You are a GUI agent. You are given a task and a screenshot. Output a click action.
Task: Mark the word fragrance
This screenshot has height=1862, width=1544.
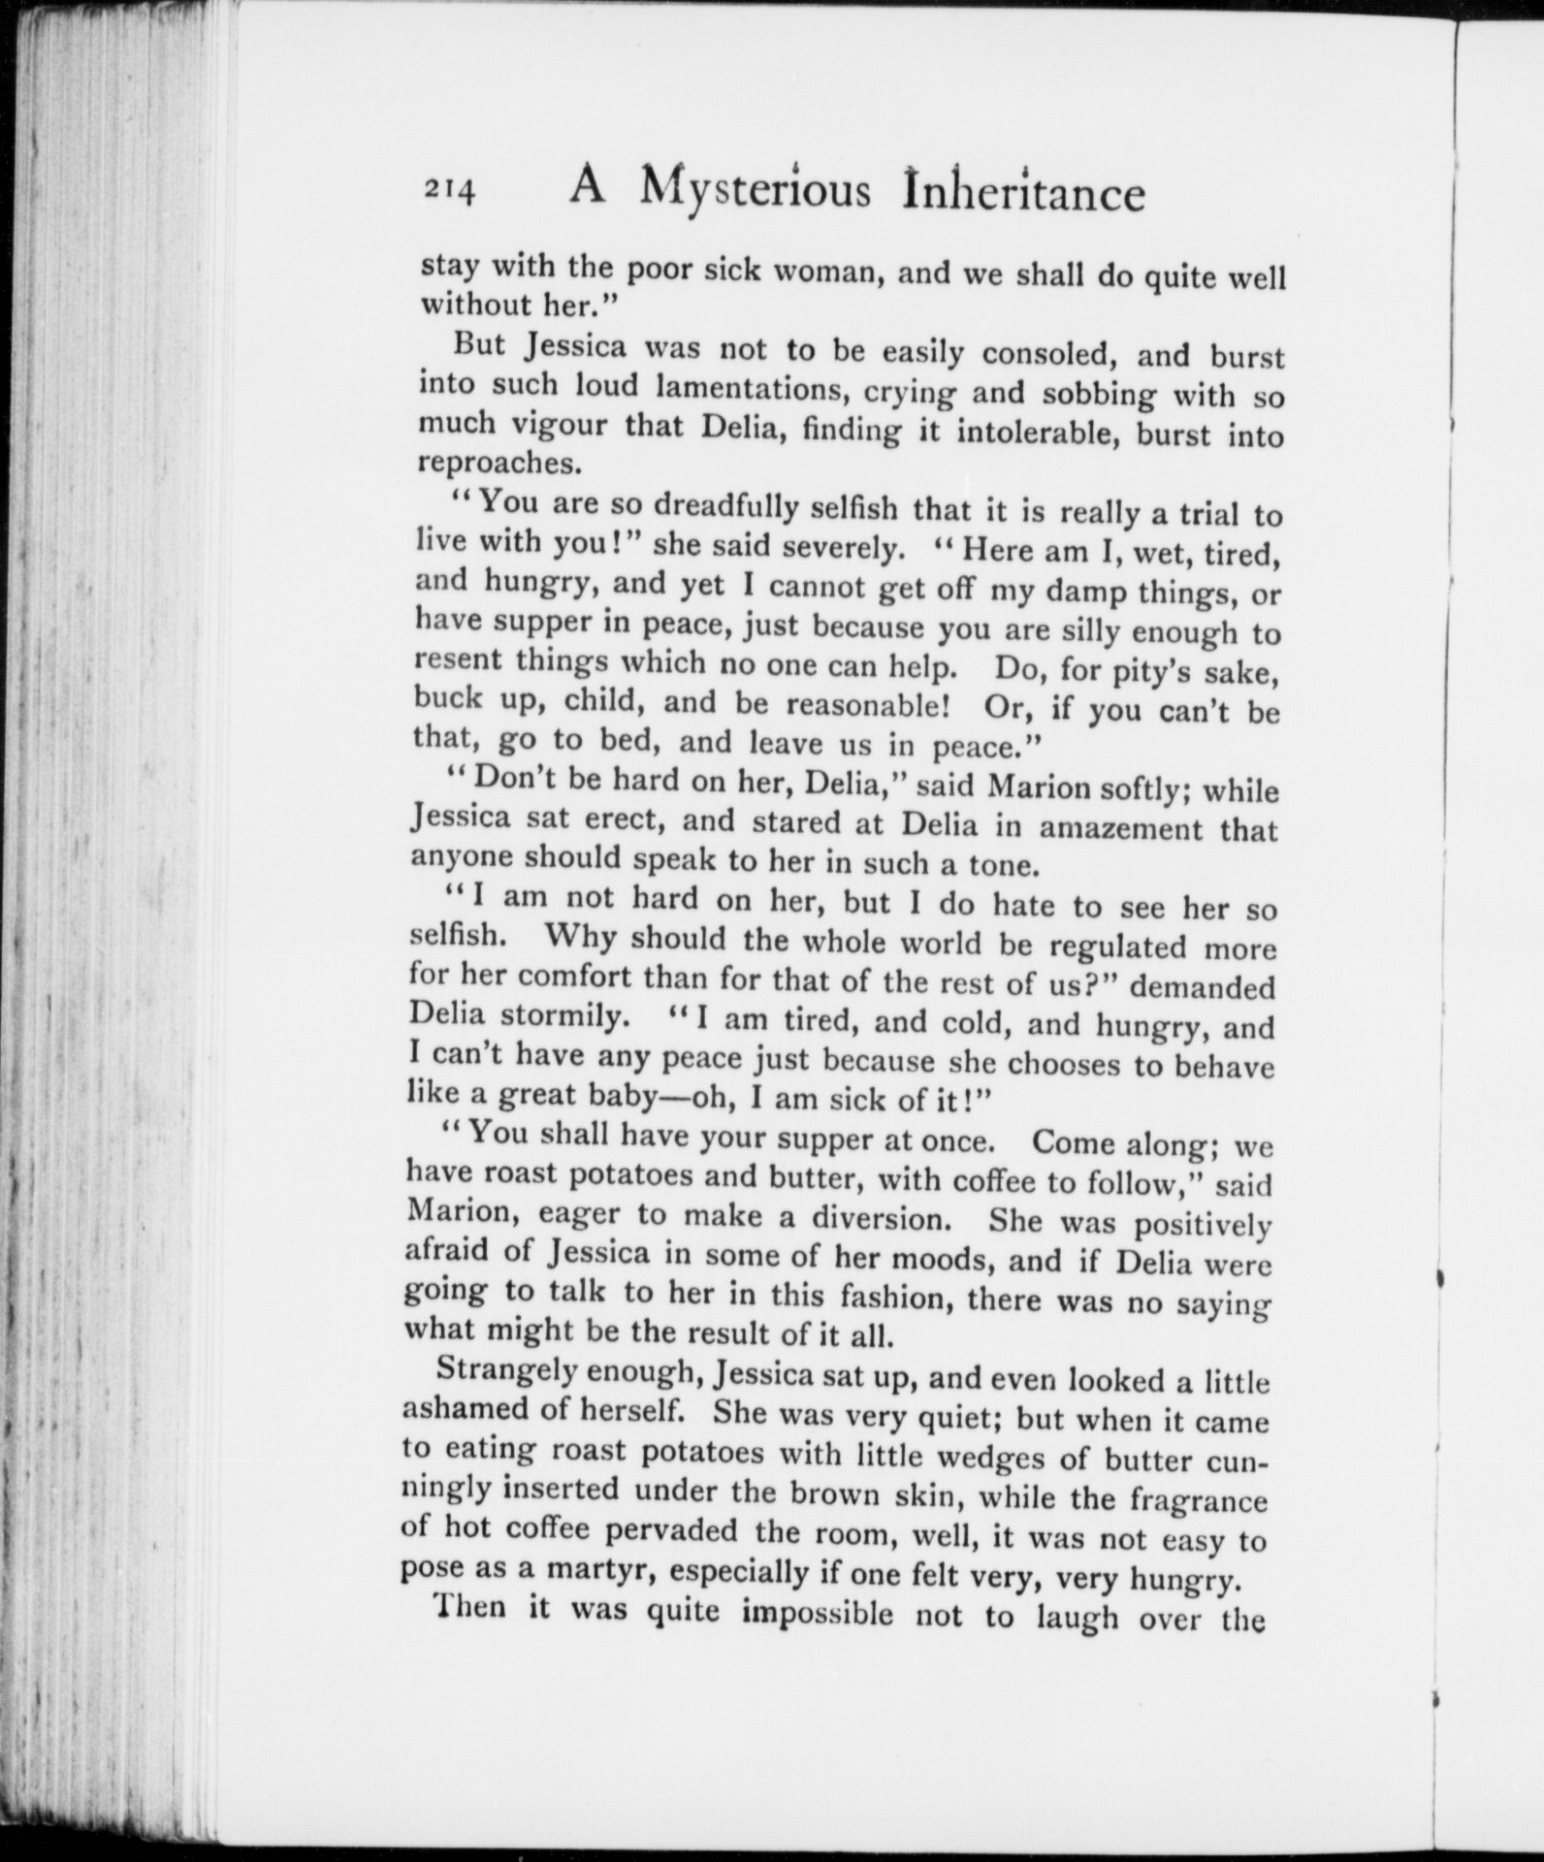coord(1198,1501)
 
